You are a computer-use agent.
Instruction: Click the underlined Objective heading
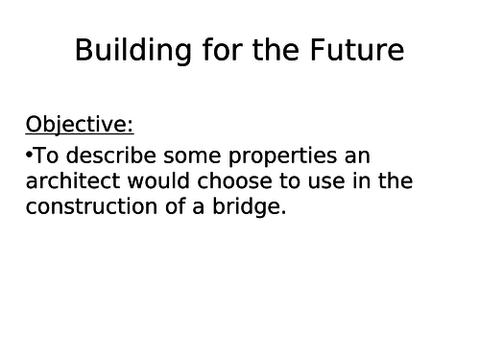point(80,125)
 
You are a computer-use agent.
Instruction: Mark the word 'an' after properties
point(356,156)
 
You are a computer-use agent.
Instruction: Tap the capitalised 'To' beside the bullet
point(46,156)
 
